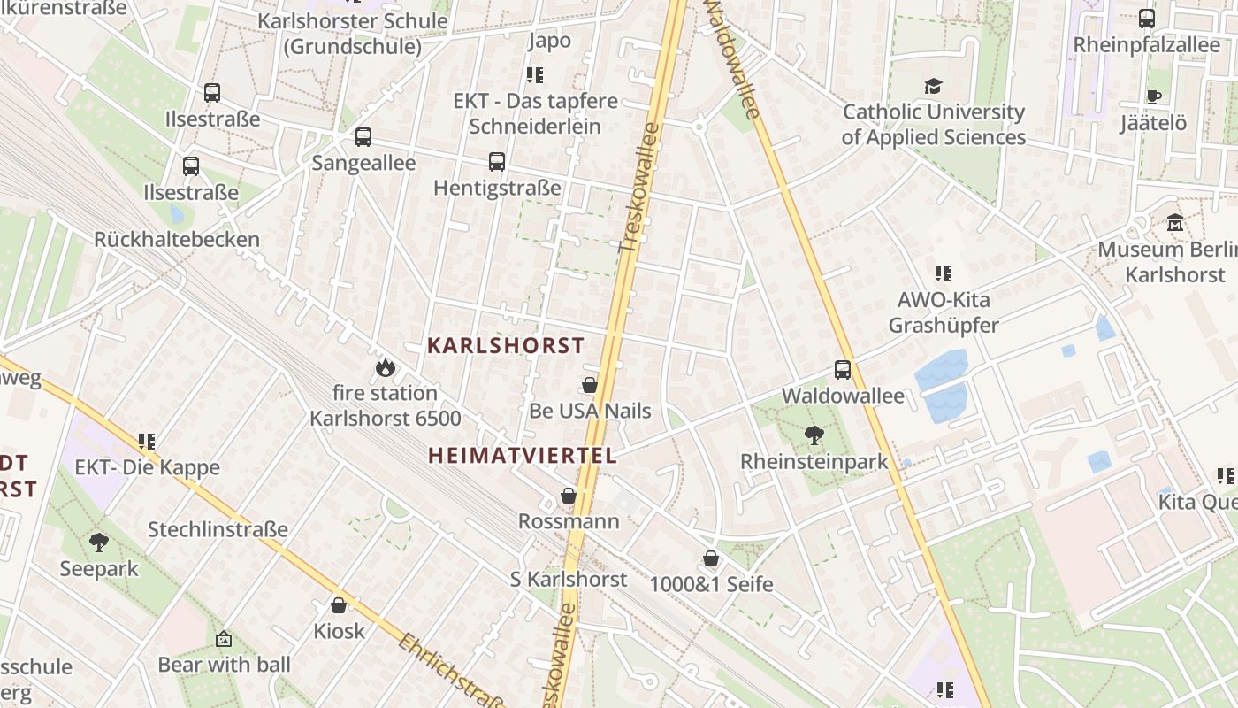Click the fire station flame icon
point(385,367)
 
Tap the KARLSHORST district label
point(506,345)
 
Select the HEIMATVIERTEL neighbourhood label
point(522,456)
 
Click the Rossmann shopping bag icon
point(569,496)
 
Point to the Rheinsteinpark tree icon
point(814,435)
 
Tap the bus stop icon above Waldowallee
point(843,370)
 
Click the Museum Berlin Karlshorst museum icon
point(1175,223)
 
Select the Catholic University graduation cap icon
point(933,86)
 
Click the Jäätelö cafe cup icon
point(1153,96)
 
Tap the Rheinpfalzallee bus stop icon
point(1146,18)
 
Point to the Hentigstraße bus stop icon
point(497,162)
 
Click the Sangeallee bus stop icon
point(363,137)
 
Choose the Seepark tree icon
point(99,542)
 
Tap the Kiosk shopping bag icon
point(339,605)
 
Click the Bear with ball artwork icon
point(224,638)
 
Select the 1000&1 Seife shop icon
point(711,558)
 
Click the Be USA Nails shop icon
point(590,385)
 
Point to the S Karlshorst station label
point(569,580)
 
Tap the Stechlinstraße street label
point(218,530)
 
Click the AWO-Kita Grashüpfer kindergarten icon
point(944,273)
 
